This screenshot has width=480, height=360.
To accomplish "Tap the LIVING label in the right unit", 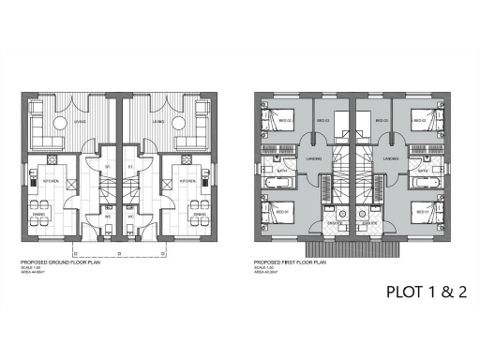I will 160,121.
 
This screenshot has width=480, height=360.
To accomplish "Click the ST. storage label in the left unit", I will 108,170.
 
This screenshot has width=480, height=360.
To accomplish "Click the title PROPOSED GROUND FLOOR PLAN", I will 59,262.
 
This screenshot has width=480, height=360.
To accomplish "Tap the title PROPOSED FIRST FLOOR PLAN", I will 289,262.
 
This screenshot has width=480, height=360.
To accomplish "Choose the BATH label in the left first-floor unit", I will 279,172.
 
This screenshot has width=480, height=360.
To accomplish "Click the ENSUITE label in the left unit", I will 334,223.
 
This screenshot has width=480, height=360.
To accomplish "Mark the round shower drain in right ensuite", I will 362,214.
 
